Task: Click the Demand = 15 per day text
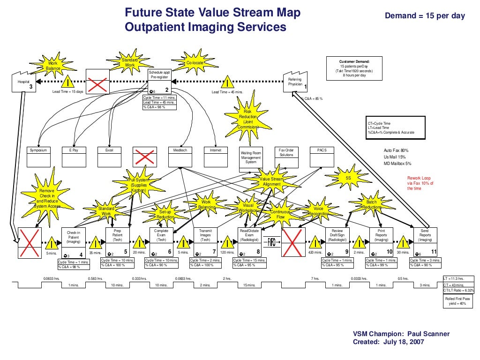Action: click(x=425, y=16)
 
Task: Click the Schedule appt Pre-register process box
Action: click(x=159, y=82)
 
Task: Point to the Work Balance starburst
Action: click(x=53, y=66)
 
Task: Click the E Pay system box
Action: click(x=74, y=157)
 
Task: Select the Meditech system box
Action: click(x=180, y=157)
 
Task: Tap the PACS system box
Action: click(x=322, y=157)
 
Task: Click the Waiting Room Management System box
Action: click(x=251, y=159)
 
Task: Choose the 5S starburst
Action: click(x=348, y=179)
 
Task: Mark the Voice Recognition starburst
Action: click(x=318, y=211)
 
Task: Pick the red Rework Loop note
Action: click(x=420, y=183)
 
